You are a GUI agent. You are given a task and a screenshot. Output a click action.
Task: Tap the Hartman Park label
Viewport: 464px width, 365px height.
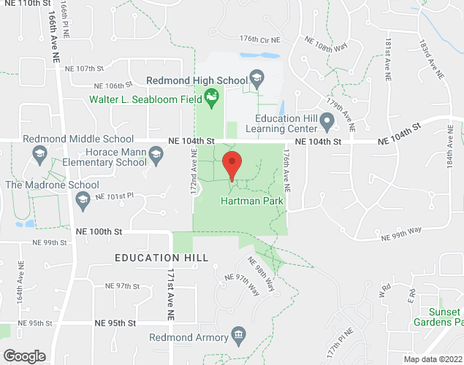click(x=252, y=199)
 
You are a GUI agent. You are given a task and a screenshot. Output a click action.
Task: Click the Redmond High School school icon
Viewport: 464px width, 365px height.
click(x=256, y=77)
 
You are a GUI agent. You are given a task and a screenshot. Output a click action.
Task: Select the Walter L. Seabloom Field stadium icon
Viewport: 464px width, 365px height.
click(x=212, y=96)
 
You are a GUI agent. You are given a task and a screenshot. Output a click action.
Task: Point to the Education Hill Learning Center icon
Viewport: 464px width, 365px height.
click(x=329, y=119)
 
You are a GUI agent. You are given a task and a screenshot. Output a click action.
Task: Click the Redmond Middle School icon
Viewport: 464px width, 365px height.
click(x=39, y=153)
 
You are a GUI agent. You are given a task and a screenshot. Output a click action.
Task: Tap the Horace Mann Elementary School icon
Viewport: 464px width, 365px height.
click(x=155, y=153)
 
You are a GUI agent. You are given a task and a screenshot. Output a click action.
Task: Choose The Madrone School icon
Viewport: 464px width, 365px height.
click(x=83, y=199)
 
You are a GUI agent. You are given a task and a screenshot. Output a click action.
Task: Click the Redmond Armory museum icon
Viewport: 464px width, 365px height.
click(x=238, y=337)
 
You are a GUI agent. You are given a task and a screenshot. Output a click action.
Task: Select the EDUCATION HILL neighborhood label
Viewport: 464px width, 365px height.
click(x=161, y=258)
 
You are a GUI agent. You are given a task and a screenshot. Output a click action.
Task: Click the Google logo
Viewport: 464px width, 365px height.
click(x=23, y=356)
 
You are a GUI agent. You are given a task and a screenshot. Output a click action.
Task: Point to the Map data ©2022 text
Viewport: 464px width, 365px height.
click(x=433, y=359)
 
